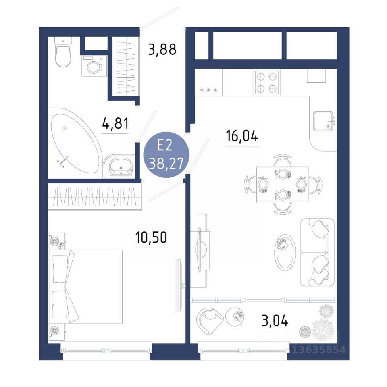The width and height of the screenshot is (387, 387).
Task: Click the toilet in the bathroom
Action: (x=63, y=52)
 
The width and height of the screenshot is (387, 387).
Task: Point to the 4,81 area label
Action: (x=115, y=123)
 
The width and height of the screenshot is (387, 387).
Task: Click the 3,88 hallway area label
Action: (x=162, y=49)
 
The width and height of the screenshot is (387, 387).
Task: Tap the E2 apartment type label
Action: (x=164, y=146)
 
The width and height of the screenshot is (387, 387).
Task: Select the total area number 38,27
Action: (x=166, y=163)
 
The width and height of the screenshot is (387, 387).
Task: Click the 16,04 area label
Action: (x=242, y=136)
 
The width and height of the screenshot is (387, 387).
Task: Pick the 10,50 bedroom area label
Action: (x=151, y=237)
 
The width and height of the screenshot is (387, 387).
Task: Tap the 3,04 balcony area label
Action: (x=275, y=321)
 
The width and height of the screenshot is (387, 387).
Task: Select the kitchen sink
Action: (x=323, y=121)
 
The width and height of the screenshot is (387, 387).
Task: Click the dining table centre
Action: (x=283, y=184)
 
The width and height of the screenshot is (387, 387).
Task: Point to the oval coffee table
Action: (x=285, y=253)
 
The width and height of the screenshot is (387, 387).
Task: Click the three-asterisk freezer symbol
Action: (x=208, y=90)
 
